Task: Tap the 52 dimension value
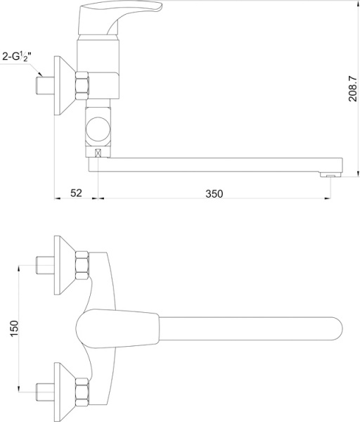pyautogui.click(x=77, y=193)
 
